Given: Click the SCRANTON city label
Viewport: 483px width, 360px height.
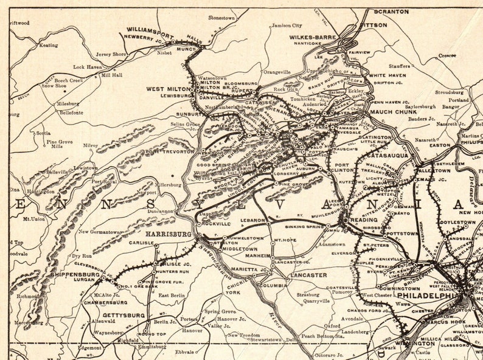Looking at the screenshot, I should [x=391, y=12].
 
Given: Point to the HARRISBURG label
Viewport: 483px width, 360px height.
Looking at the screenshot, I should [x=169, y=233].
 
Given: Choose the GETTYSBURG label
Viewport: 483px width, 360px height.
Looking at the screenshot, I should [x=124, y=315].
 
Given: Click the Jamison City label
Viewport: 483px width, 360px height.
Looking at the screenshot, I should [x=287, y=26].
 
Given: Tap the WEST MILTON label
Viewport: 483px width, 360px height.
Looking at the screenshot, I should [x=165, y=89].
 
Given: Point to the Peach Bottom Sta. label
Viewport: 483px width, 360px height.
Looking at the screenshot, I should [x=322, y=336].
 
